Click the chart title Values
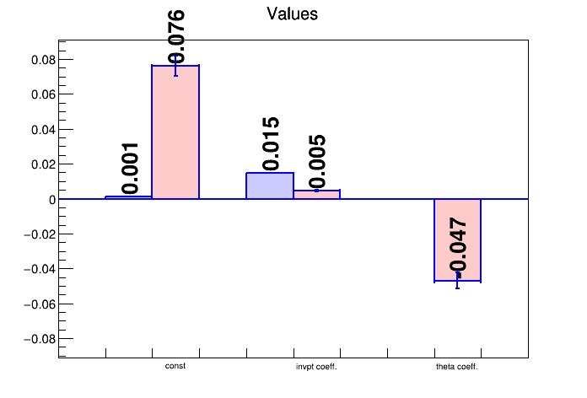(x=292, y=14)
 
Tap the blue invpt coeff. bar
(x=270, y=186)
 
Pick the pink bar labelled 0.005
(x=316, y=195)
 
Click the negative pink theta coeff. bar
(x=457, y=240)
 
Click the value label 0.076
(x=176, y=37)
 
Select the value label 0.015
(x=270, y=143)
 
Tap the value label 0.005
(x=317, y=161)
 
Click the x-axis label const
(x=175, y=367)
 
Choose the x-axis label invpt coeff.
(x=316, y=367)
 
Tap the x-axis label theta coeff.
(x=457, y=367)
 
